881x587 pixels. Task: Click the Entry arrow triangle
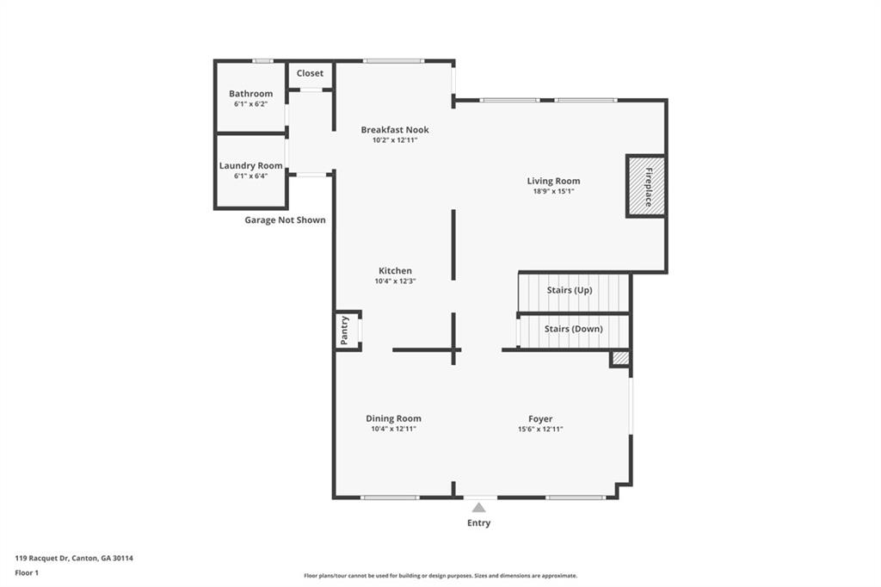[478, 508]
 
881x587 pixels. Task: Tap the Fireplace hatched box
[646, 186]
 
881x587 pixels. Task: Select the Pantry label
[344, 330]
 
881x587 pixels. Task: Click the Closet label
[310, 73]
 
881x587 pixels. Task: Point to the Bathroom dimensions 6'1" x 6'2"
[250, 104]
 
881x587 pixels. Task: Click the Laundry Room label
[250, 165]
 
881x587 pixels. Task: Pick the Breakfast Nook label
[395, 129]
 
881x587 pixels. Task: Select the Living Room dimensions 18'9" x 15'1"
[553, 191]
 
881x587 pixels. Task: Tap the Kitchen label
[395, 270]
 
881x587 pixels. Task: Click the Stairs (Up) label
[570, 290]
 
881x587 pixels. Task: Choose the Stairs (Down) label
[574, 329]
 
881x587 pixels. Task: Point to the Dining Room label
[393, 418]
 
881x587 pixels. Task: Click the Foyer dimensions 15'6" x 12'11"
[540, 429]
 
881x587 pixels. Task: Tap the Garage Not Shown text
[285, 219]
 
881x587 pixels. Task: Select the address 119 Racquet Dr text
[41, 559]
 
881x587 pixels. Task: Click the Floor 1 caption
[27, 573]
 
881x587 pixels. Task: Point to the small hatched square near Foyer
[620, 359]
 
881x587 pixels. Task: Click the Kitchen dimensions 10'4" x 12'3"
[395, 281]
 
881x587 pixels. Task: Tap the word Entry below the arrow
[478, 523]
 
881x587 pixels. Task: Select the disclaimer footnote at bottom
[440, 576]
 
